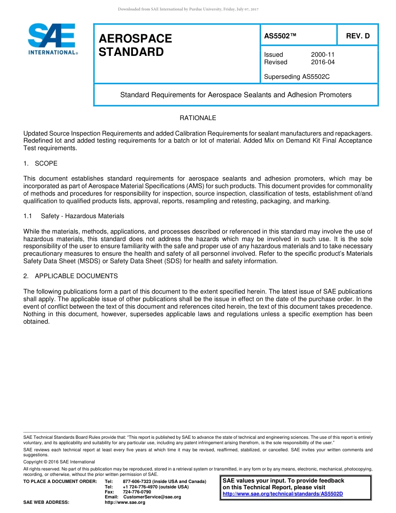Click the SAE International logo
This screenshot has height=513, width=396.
pyautogui.click(x=52, y=39)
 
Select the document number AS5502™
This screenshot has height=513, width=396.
pyautogui.click(x=280, y=36)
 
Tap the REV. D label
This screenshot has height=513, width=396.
pyautogui.click(x=358, y=36)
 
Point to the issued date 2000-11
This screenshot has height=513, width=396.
pyautogui.click(x=323, y=55)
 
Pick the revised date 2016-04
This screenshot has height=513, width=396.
pyautogui.click(x=323, y=62)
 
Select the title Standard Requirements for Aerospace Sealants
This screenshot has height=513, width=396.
pyautogui.click(x=236, y=95)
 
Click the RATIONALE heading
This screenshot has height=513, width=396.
pyautogui.click(x=198, y=118)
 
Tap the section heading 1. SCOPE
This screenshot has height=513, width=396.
pyautogui.click(x=40, y=163)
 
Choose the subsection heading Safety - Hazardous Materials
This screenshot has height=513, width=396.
pyautogui.click(x=82, y=216)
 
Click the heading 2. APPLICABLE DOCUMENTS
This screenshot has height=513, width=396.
pyautogui.click(x=70, y=276)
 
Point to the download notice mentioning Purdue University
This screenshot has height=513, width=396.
pyautogui.click(x=188, y=9)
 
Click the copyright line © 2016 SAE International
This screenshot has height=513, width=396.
pyautogui.click(x=59, y=462)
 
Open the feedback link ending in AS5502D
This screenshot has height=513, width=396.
pyautogui.click(x=283, y=494)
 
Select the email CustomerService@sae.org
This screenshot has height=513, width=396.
pyautogui.click(x=152, y=497)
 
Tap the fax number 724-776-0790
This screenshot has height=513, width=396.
pyautogui.click(x=137, y=492)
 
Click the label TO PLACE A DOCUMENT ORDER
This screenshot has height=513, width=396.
pyautogui.click(x=60, y=481)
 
